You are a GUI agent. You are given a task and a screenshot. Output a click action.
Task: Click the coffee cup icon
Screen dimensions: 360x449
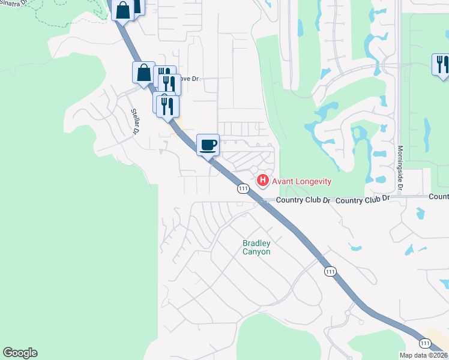[x=208, y=145]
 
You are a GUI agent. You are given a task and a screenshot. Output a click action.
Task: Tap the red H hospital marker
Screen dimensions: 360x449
[x=263, y=180]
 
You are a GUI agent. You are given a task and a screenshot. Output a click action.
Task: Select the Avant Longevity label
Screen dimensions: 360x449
[x=301, y=181]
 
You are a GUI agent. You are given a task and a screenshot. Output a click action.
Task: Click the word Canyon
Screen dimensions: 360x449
[x=256, y=251]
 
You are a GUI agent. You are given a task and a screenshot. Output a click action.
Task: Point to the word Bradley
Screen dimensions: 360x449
[x=256, y=243]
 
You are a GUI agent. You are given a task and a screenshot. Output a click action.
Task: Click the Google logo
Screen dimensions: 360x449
[x=20, y=353]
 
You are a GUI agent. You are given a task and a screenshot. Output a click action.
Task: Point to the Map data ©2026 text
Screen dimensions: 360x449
[x=424, y=355]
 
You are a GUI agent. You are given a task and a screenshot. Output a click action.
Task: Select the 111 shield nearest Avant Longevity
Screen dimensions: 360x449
[x=243, y=188]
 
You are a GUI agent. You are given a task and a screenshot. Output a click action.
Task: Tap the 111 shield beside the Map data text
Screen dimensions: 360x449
[x=425, y=343]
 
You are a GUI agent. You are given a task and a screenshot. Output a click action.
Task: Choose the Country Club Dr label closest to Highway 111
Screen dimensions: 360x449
[x=303, y=200]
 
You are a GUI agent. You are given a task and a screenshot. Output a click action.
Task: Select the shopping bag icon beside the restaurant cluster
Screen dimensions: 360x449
[x=143, y=73]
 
